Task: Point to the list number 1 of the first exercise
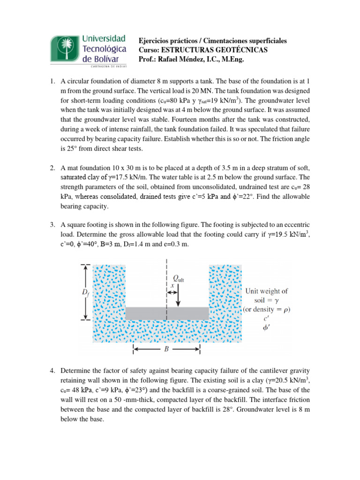(x=52, y=82)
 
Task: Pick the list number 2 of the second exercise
(x=52, y=168)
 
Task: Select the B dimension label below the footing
(x=167, y=349)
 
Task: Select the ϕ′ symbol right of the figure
(x=266, y=329)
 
